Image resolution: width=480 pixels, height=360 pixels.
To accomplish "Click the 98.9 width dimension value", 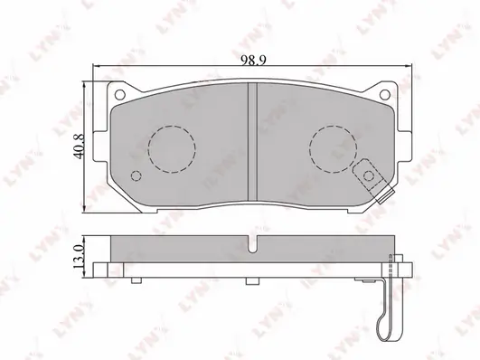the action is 253,60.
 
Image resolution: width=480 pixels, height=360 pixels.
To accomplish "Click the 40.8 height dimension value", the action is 80,146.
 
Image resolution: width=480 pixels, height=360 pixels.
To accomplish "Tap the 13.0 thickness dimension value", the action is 79,257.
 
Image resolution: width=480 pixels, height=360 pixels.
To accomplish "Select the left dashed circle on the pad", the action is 172,149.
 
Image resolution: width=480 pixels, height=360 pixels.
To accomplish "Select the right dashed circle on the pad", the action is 333,148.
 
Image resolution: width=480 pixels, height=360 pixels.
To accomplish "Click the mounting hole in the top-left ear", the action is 119,94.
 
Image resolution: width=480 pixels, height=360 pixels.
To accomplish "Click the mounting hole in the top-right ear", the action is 384,94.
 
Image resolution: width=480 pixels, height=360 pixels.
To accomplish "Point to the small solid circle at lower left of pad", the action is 136,175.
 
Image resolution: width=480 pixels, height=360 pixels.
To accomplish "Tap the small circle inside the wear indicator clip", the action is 369,175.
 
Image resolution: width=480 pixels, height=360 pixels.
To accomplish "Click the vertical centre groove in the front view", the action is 252,142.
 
